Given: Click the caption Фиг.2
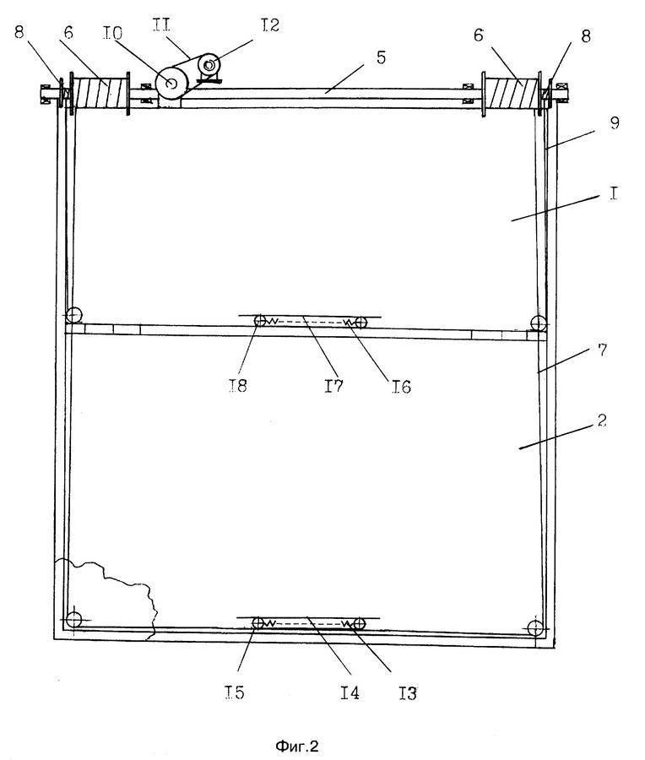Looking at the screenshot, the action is click(297, 746).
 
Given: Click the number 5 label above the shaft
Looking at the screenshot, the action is click(381, 57).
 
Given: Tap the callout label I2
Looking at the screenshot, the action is click(270, 24).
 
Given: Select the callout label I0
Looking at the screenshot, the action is click(112, 33).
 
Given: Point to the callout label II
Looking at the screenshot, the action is click(161, 24).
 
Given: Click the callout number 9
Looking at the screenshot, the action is click(615, 122).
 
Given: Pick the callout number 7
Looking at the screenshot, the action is click(602, 350).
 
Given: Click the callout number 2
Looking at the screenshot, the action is click(602, 420).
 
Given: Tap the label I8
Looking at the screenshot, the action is click(237, 385).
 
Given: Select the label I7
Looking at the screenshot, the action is click(333, 385).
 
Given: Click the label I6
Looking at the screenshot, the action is click(401, 387).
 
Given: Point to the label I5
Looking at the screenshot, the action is click(235, 692).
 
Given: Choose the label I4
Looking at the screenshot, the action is click(350, 692).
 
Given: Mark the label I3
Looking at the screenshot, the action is click(408, 693).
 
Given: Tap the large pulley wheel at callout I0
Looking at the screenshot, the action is click(171, 84).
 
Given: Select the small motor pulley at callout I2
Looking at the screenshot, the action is click(209, 63).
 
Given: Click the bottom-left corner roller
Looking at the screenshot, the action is click(73, 620).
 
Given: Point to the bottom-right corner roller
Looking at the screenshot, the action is click(535, 627).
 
